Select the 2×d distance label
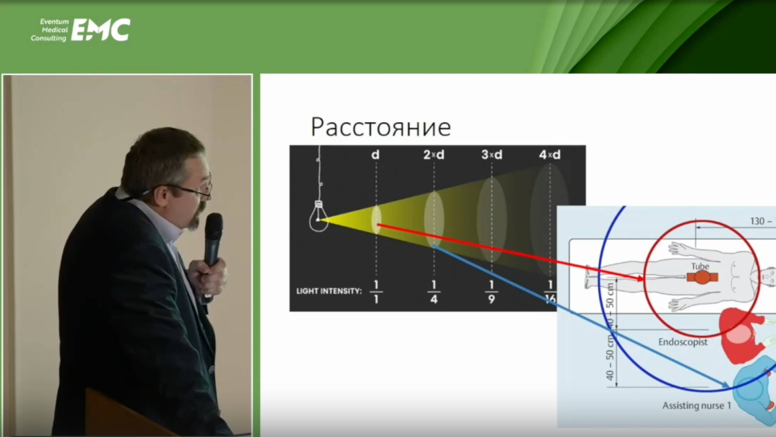coord(434,155)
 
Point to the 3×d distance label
coord(492,155)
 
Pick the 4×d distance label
coord(549,155)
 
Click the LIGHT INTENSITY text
coord(329,291)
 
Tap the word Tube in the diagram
coord(700,266)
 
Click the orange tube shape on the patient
coord(702,277)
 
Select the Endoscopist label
coord(683,342)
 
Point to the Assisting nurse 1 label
coord(696,406)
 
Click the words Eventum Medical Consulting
coord(50,30)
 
